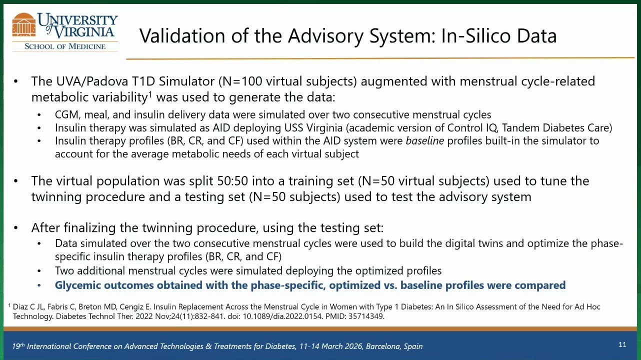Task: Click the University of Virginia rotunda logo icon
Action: pyautogui.click(x=24, y=25)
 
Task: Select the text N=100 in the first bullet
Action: pyautogui.click(x=242, y=81)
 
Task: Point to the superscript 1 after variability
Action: pyautogui.click(x=150, y=93)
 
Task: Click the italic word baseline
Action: pyautogui.click(x=425, y=141)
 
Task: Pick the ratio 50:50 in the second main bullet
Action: pyautogui.click(x=232, y=181)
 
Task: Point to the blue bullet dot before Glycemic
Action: pyautogui.click(x=39, y=285)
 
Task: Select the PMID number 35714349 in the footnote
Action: pyautogui.click(x=366, y=316)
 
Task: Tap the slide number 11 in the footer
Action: pyautogui.click(x=622, y=344)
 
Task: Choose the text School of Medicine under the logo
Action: pyautogui.click(x=65, y=46)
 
